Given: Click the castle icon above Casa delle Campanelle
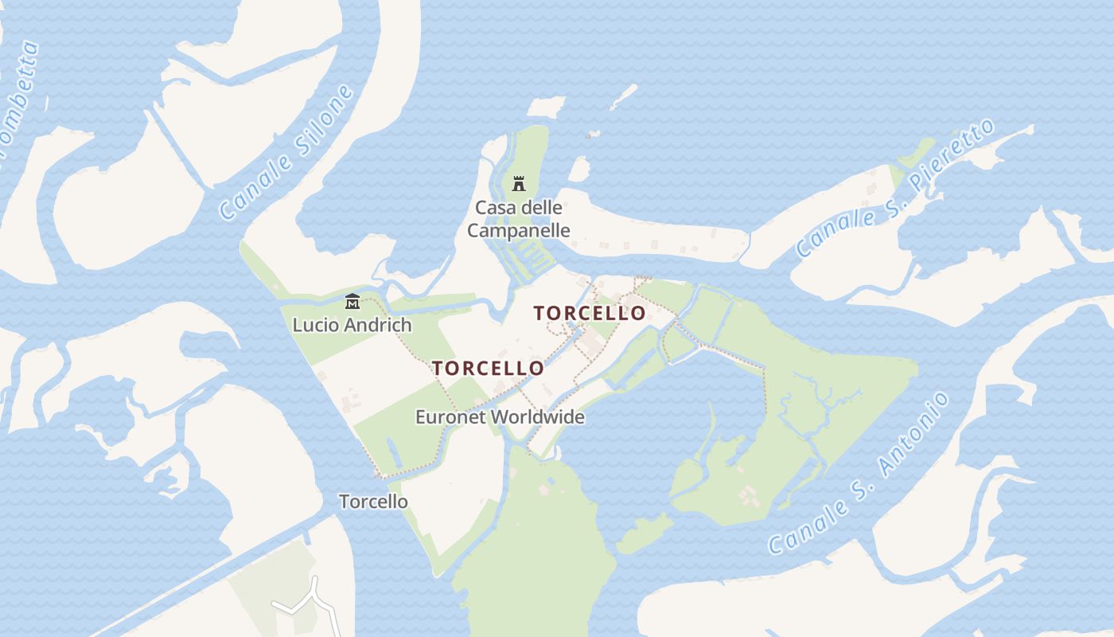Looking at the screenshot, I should tap(519, 184).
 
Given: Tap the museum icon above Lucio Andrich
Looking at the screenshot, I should tap(353, 301).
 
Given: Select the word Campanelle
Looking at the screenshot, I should tap(518, 231).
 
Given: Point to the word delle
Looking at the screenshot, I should tap(540, 208).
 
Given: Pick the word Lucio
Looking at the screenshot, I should tap(314, 325).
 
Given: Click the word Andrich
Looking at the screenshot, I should tap(376, 325).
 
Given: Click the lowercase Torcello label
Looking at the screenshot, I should tap(373, 502).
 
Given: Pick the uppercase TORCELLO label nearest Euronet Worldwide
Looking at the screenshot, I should tap(488, 369).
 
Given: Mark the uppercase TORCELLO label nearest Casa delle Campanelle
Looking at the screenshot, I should tap(590, 314).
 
